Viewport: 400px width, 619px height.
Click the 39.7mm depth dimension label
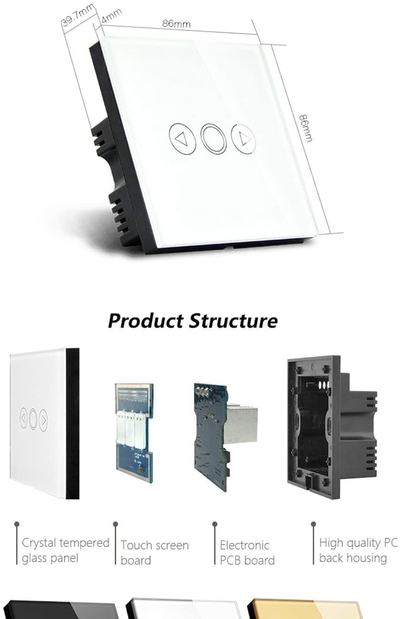point(78,16)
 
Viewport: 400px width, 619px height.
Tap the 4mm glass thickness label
point(111,16)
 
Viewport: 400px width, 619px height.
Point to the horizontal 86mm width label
point(176,24)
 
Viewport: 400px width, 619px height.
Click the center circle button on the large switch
point(214,139)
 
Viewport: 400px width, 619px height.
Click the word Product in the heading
point(146,322)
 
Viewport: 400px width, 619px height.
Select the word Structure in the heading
point(234,321)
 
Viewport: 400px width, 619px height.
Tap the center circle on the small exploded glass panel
point(33,419)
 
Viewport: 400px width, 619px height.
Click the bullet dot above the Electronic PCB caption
point(215,524)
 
